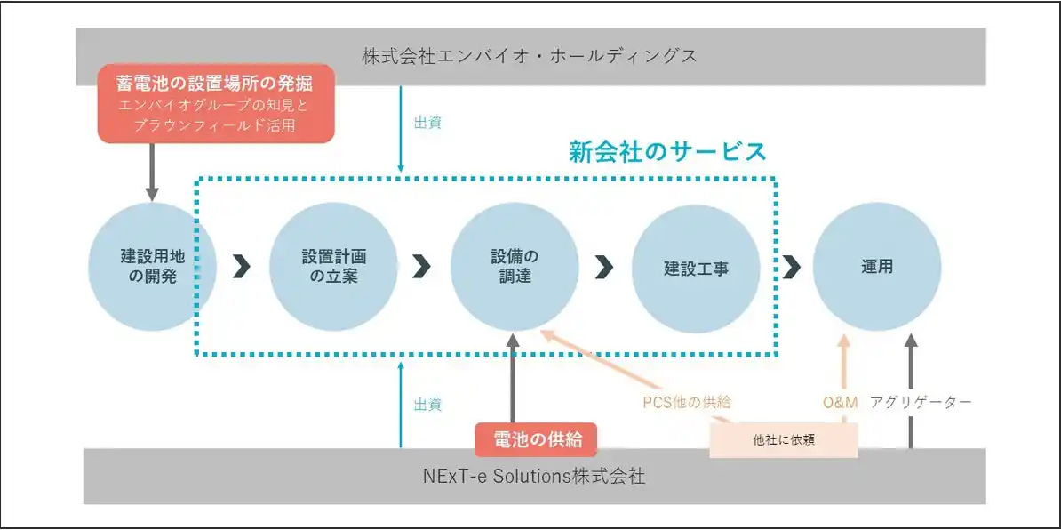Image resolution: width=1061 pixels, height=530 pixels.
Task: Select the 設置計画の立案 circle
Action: [x=333, y=266]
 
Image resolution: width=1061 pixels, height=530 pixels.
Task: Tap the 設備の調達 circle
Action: [x=515, y=266]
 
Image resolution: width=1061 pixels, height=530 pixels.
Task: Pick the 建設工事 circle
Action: [x=696, y=267]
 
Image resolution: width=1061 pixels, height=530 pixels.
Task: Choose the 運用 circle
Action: [x=876, y=266]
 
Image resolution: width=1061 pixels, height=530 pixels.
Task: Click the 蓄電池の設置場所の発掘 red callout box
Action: [x=215, y=104]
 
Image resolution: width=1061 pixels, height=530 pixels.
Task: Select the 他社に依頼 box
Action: [x=783, y=439]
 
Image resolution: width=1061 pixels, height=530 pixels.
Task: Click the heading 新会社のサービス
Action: [x=667, y=151]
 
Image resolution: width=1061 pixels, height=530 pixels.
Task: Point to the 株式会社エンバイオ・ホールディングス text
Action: [x=530, y=56]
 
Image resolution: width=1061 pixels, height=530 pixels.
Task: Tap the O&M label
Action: [x=841, y=403]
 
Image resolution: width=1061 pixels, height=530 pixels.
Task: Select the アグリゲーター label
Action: [x=921, y=403]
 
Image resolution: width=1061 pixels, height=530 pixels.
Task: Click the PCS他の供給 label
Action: [x=687, y=402]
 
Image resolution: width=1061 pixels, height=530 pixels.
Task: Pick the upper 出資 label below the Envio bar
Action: [x=427, y=123]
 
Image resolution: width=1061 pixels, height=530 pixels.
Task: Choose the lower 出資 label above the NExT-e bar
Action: [x=427, y=405]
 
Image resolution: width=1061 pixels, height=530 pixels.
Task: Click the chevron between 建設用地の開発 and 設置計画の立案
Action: [x=241, y=266]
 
